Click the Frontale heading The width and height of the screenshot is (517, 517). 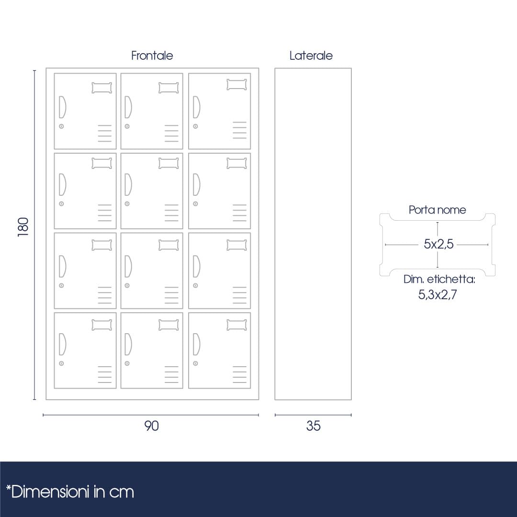coord(152,56)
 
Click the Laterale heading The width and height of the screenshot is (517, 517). coord(311,56)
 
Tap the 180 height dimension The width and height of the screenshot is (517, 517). coord(23,227)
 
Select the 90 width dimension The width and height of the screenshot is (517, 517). coord(151,426)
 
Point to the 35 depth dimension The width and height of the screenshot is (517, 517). coord(313,426)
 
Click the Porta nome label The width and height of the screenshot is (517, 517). coord(437,210)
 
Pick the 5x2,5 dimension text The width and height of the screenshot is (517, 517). coord(438,244)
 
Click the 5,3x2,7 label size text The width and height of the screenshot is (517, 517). coord(438,294)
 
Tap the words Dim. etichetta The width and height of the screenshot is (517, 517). coord(439,279)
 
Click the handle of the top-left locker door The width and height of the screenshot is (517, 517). coord(62,107)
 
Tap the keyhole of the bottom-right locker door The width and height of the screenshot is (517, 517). coord(195,363)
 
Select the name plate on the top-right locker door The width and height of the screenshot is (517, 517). coord(237,84)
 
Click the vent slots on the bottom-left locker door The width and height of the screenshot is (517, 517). coord(104,374)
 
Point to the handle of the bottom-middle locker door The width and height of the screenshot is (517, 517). coord(128,344)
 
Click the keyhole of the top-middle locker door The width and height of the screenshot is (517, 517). coord(127,126)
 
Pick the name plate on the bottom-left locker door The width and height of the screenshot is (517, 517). coord(102,325)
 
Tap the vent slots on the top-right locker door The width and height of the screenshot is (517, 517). coord(240,130)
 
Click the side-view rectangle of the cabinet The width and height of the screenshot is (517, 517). coord(313,234)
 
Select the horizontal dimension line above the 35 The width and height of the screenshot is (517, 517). coord(313,415)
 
